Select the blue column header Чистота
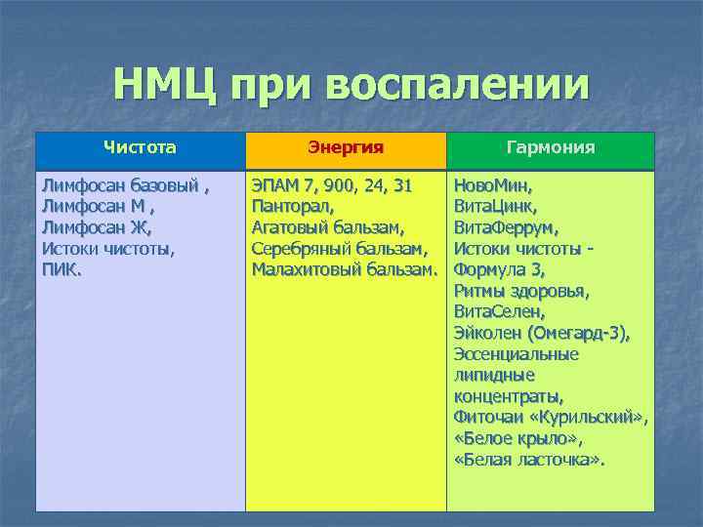click(141, 148)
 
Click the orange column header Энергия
click(346, 148)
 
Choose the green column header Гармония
click(551, 148)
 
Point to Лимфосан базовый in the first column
click(121, 184)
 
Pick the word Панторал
click(293, 206)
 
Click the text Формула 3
click(499, 270)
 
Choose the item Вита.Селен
click(499, 312)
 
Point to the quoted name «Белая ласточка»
click(529, 459)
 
